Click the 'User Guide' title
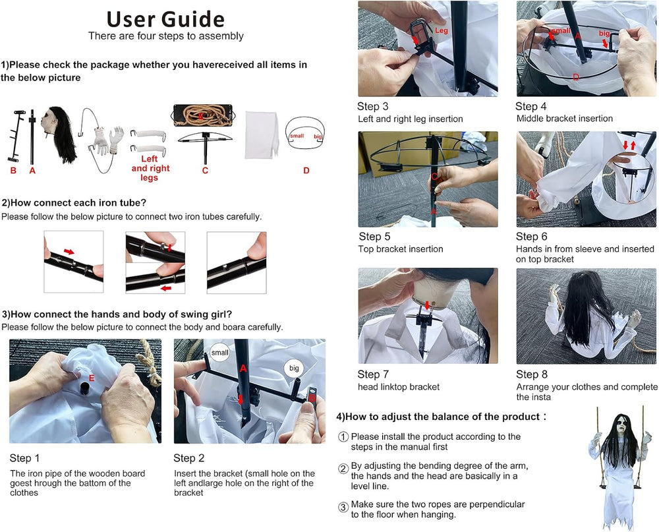coord(165,19)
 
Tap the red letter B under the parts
coord(13,171)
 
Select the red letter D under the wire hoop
coord(306,170)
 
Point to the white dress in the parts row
coord(262,134)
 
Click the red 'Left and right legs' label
coord(150,168)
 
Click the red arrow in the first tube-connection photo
coord(69,251)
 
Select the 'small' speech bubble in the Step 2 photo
coord(220,353)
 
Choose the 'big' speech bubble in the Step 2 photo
coord(294,368)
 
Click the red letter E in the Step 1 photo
coord(92,378)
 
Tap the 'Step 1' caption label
coord(24,458)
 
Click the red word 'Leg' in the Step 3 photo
coord(442,30)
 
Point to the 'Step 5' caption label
coord(374,237)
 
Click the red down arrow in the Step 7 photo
coord(428,305)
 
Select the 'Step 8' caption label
coord(532,374)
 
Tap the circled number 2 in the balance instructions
coord(343,469)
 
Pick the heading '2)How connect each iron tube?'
coord(74,202)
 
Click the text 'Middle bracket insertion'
coord(565,119)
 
